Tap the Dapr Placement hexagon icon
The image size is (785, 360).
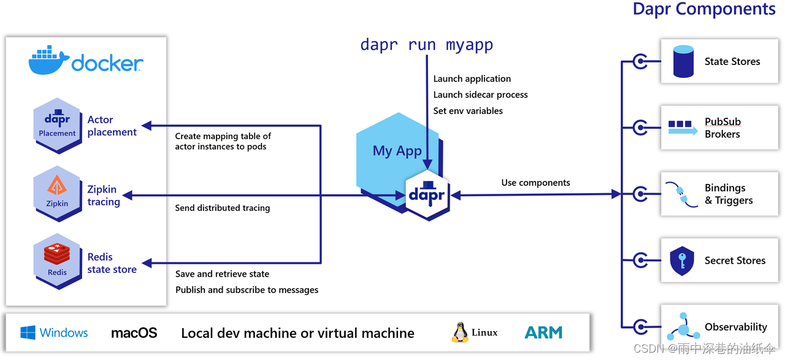[57, 124]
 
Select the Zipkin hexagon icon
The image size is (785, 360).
[57, 193]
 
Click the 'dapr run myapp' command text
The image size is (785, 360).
[427, 45]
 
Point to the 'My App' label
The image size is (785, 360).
[397, 151]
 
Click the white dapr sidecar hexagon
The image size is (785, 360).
[427, 195]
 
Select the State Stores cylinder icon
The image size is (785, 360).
[683, 61]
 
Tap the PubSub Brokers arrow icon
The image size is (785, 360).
[683, 128]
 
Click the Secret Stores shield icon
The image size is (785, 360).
[682, 261]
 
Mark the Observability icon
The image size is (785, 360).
[683, 327]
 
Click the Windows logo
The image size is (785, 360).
[28, 333]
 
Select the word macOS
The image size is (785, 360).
[134, 333]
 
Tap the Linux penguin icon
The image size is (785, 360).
[460, 332]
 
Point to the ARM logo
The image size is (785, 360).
[543, 332]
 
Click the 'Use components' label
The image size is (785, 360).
[535, 183]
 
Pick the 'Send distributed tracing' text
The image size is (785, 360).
[222, 208]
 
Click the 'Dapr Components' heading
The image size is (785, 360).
[704, 9]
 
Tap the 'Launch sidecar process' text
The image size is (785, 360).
[480, 94]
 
